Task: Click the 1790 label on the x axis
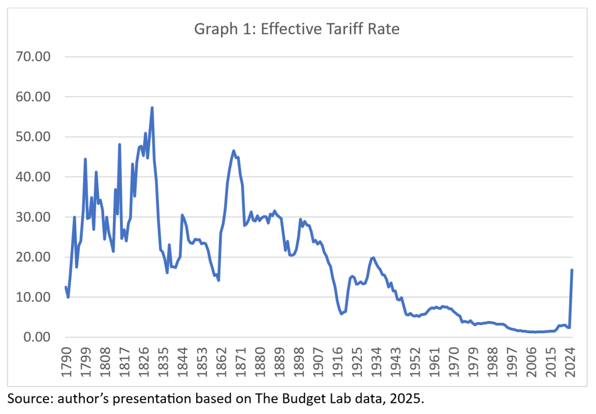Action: tap(66, 360)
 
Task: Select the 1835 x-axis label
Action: tap(164, 360)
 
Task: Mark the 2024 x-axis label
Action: tap(573, 360)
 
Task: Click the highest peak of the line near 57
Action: tap(152, 108)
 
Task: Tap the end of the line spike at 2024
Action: tap(572, 270)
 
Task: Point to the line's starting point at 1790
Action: tap(66, 287)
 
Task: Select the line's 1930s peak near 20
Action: tap(373, 257)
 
